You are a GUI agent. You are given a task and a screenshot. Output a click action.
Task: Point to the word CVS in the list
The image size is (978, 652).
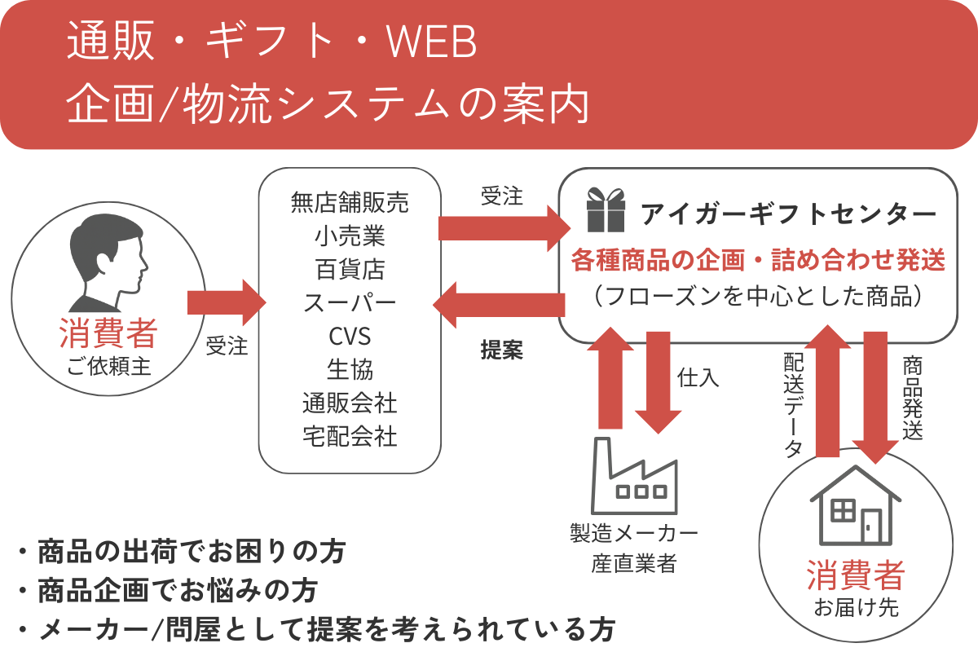coord(350,336)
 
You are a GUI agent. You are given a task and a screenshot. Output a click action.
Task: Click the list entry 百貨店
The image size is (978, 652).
coord(350,269)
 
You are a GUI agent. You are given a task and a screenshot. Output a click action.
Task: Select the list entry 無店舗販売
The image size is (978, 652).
coord(350,203)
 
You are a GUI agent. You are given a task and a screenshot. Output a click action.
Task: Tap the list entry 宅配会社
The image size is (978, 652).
coord(350,436)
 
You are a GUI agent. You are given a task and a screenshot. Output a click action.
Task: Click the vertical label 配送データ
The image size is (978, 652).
coord(793,403)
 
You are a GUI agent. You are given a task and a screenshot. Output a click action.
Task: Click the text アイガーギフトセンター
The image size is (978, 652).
coord(787,214)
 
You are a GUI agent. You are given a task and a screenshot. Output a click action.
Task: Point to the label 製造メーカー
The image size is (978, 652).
coord(633,535)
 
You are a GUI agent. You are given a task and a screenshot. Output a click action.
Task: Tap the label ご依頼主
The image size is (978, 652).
coord(108,366)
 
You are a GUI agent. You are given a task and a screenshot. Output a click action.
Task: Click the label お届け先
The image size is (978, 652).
coord(855,607)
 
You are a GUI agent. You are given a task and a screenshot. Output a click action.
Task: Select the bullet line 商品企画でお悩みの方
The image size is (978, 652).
coord(177,590)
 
